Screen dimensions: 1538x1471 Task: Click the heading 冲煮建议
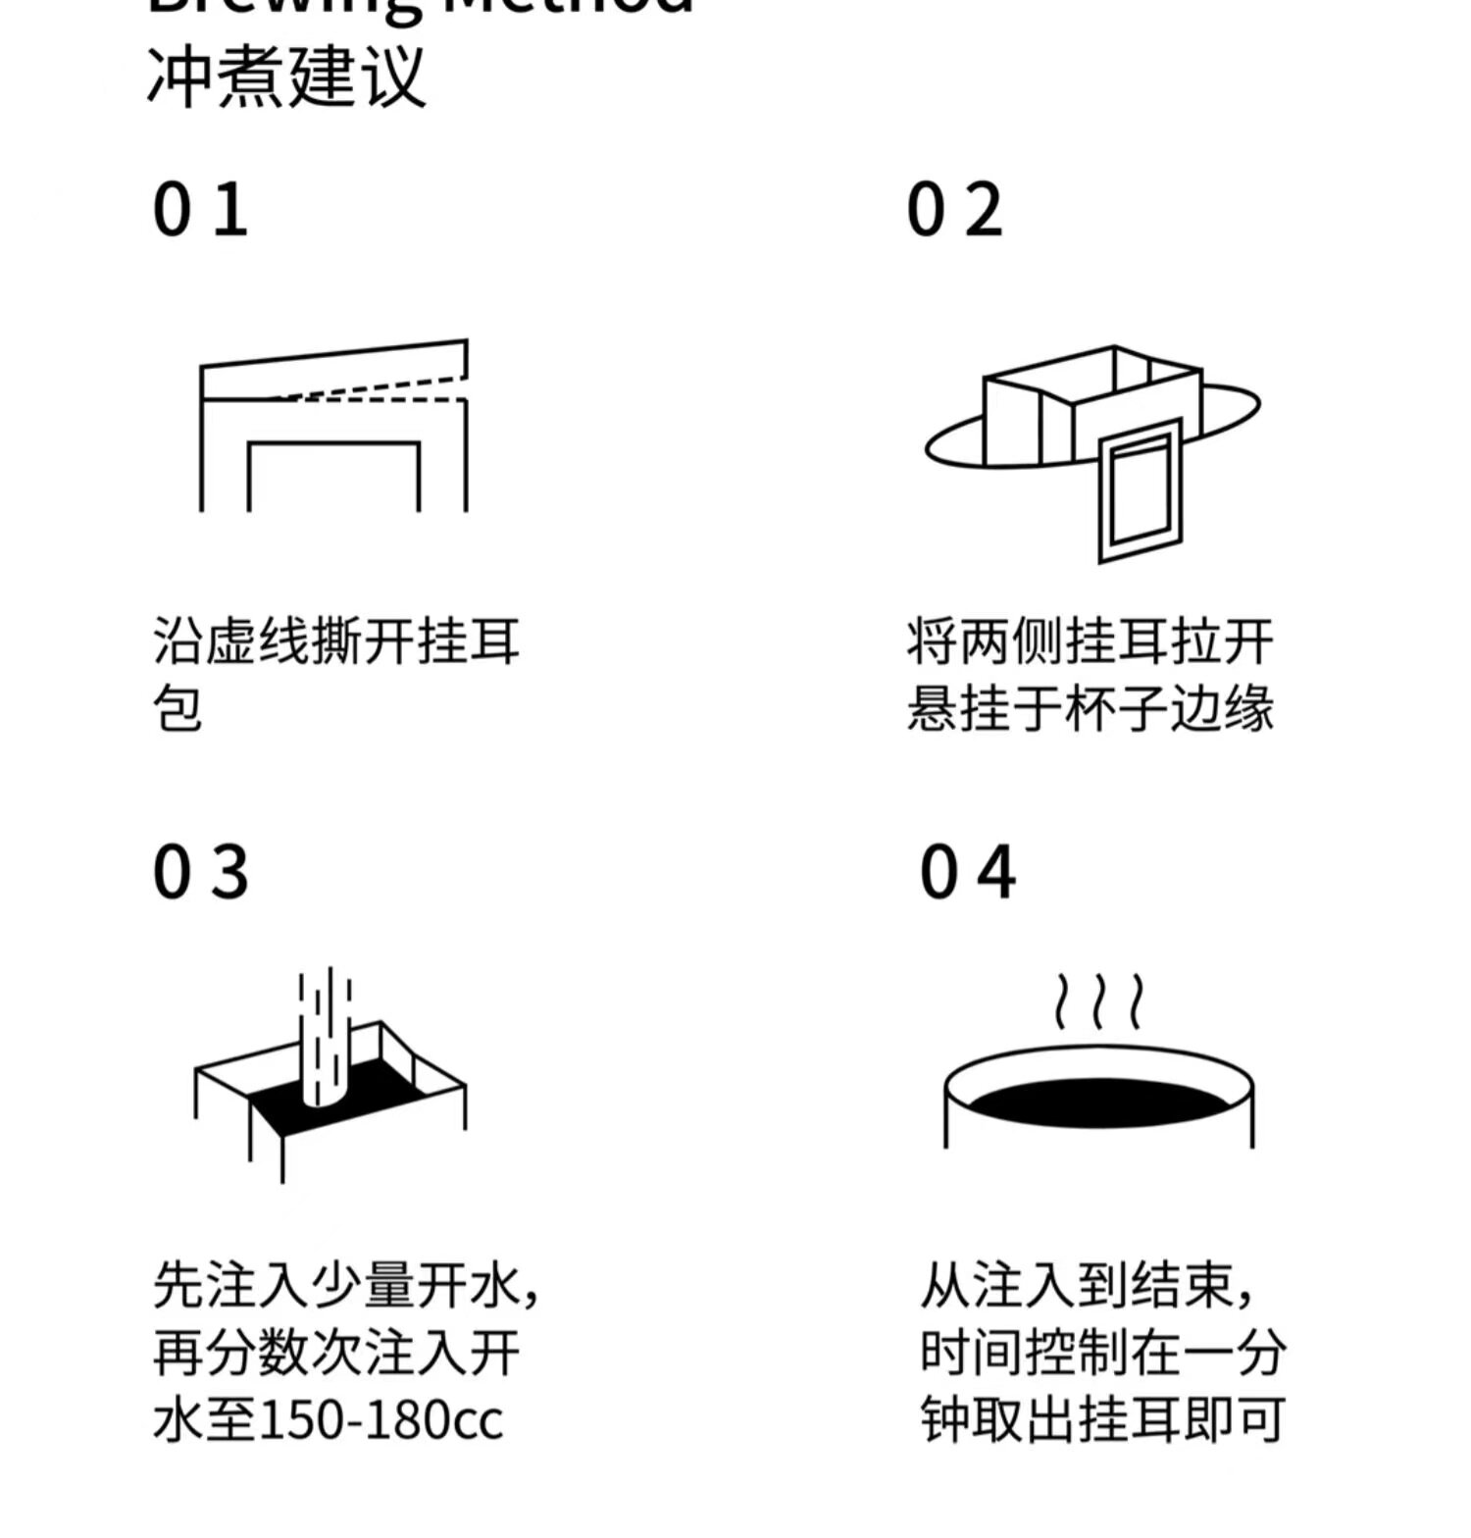(286, 77)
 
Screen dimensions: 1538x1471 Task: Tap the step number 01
(200, 210)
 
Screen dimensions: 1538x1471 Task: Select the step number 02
(954, 210)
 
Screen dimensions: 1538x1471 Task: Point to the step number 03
(200, 872)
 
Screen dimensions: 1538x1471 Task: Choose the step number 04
(967, 872)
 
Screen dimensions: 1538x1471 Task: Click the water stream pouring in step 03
(326, 1040)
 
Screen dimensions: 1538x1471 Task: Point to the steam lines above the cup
(1098, 1000)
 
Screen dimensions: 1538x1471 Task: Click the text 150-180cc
(380, 1419)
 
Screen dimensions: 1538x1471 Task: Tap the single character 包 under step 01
(178, 708)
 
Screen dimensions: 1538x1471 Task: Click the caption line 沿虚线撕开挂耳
(336, 641)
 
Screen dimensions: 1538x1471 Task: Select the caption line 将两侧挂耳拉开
(1090, 641)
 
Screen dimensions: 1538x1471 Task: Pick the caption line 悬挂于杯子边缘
(1090, 708)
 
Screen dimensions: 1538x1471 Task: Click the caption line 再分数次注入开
(336, 1353)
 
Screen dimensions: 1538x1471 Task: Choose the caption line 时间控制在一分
(1102, 1353)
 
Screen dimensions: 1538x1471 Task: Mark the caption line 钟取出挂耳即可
(1102, 1419)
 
